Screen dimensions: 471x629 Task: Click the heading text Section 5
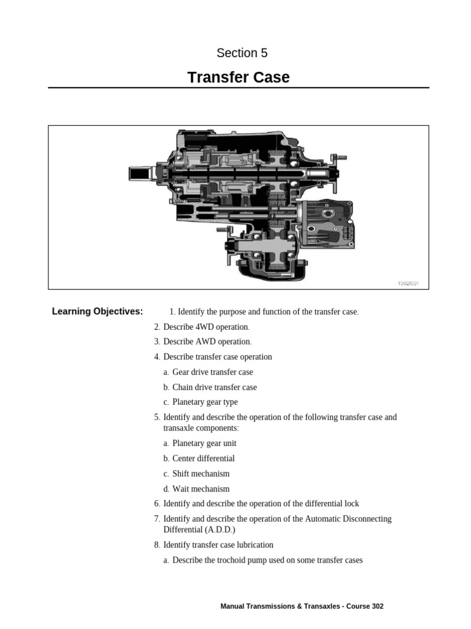[242, 53]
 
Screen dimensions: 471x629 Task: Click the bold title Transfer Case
[239, 77]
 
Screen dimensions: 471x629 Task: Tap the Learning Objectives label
[98, 311]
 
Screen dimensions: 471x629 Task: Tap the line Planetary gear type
[205, 402]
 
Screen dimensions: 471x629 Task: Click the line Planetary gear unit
[204, 443]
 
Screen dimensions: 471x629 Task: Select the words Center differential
[203, 458]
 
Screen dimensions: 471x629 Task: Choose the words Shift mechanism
[201, 474]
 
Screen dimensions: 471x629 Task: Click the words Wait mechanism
[201, 489]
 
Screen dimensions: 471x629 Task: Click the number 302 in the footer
[377, 606]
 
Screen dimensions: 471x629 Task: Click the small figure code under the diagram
[407, 283]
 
